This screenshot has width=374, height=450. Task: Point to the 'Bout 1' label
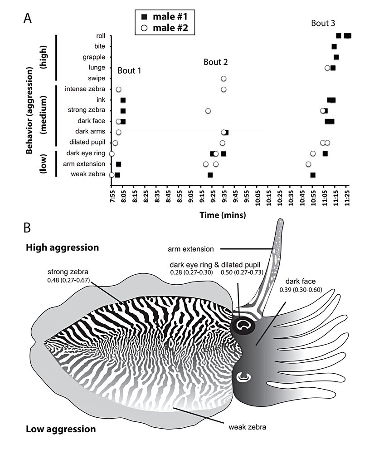click(129, 71)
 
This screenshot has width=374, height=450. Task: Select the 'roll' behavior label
click(101, 36)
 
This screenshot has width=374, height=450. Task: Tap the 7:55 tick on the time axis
click(112, 195)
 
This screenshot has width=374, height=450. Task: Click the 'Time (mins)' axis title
click(223, 215)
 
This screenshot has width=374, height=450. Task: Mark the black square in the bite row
click(334, 46)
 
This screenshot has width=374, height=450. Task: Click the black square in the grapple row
click(336, 57)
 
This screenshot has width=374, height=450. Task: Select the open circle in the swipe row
click(223, 79)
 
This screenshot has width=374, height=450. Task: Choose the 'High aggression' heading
click(62, 248)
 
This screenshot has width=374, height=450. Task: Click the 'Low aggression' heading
click(61, 429)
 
